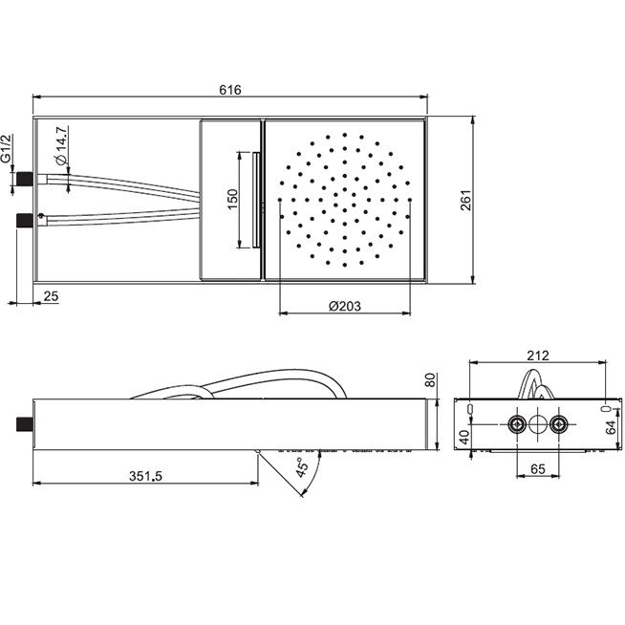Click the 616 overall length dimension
pos(230,90)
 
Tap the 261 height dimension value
pos(465,201)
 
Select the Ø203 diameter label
pos(345,306)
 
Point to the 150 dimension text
pos(232,200)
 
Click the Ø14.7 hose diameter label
pos(61,146)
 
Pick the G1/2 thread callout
pos(7,148)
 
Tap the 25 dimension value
pos(51,296)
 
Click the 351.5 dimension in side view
pos(145,476)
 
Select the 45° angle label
pos(302,466)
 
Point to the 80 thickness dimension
pos(430,379)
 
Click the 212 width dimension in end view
pos(538,356)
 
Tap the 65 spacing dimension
pos(538,468)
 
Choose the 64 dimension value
pos(611,428)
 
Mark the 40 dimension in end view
pos(464,438)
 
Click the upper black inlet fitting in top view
pos(24,179)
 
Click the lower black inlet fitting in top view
pos(24,221)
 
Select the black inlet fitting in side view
pos(24,423)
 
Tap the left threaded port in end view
pos(517,424)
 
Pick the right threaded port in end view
pos(559,424)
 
